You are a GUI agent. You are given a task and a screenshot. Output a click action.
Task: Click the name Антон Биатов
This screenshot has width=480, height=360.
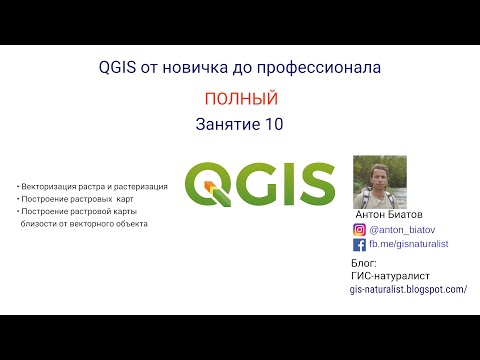390,214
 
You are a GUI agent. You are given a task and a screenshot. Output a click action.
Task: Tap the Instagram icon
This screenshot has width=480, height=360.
359,229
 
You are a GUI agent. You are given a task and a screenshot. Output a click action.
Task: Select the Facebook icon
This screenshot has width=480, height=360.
359,243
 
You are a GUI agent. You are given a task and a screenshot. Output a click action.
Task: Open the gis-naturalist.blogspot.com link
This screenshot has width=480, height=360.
408,288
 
